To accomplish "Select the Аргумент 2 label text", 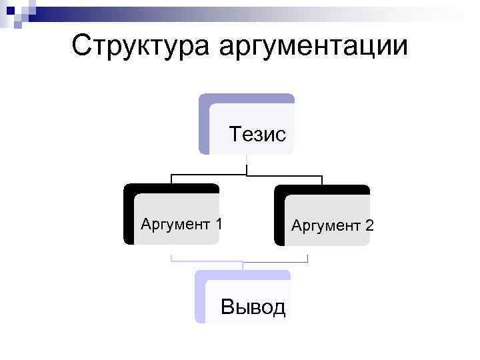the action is point(332,226).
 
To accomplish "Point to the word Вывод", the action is point(253,307).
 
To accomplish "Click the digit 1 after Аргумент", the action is point(218,224).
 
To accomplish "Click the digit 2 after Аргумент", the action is point(369,226).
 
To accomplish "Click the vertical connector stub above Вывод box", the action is point(243,265).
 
